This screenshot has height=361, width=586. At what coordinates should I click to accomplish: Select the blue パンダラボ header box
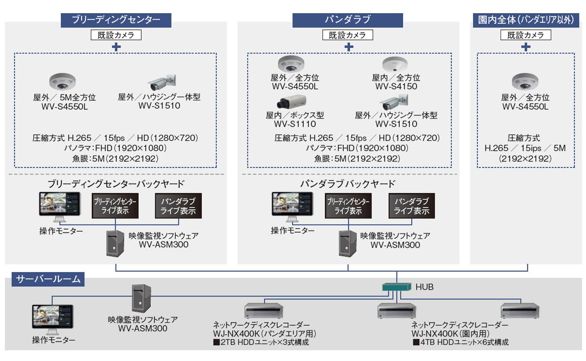(x=348, y=20)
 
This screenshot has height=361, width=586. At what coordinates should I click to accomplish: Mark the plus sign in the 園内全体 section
(x=525, y=47)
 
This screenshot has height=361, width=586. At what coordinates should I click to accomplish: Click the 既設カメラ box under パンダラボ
(x=347, y=35)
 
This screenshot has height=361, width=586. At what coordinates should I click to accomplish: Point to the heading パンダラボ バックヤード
(x=347, y=184)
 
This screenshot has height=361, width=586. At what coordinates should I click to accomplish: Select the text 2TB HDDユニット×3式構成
(x=261, y=342)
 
